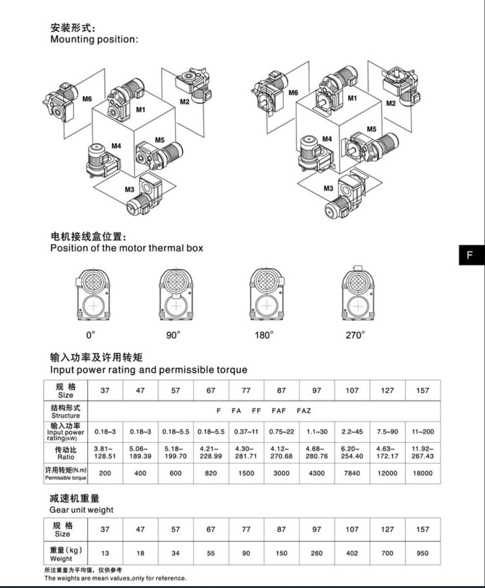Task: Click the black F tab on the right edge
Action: (472, 255)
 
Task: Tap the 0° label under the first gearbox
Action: (91, 335)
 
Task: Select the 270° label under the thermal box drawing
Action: (355, 335)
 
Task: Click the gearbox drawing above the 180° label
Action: (267, 294)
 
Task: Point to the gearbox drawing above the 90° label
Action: (176, 294)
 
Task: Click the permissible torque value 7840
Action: (352, 473)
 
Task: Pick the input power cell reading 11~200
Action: (423, 432)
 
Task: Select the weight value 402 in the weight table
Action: (352, 553)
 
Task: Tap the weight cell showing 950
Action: (423, 553)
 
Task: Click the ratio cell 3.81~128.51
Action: (105, 452)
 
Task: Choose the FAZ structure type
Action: (304, 411)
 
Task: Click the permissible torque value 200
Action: (105, 473)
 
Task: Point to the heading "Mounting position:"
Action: (94, 39)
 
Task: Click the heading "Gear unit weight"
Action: (81, 510)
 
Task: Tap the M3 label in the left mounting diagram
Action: (130, 189)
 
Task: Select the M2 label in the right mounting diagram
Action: (391, 103)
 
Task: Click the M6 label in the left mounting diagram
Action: (87, 99)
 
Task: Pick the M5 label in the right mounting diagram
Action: (371, 129)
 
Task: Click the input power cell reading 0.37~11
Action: (246, 432)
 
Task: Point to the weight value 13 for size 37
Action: (105, 553)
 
